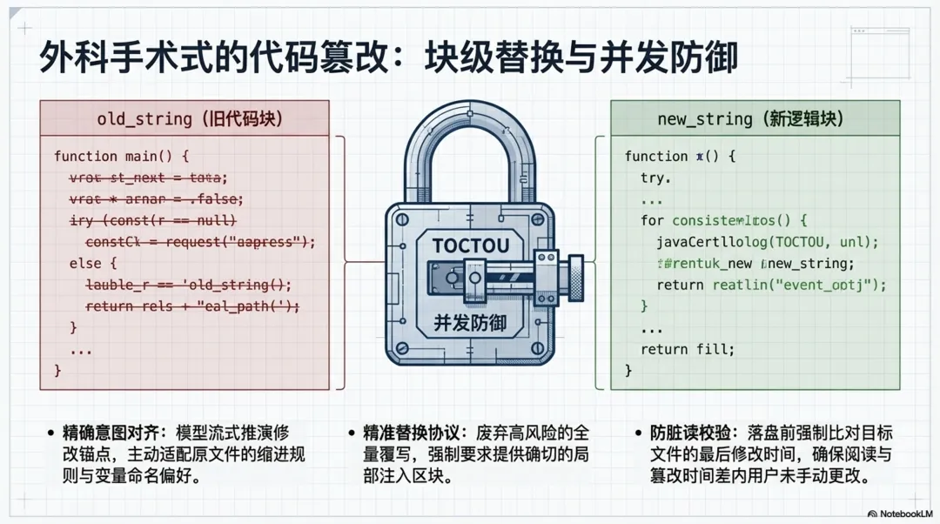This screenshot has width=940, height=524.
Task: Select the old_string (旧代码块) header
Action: click(x=184, y=118)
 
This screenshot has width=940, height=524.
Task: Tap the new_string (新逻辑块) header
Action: click(x=755, y=118)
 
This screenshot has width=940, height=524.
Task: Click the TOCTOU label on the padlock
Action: click(x=470, y=246)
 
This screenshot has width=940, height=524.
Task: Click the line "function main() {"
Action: click(x=121, y=157)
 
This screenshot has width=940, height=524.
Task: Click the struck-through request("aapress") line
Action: click(x=200, y=242)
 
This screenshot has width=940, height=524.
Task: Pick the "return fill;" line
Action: click(x=688, y=350)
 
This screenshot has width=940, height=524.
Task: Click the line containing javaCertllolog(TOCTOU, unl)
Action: click(x=767, y=242)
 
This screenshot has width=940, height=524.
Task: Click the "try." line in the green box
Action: click(x=655, y=178)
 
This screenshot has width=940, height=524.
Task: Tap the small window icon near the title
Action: click(x=880, y=44)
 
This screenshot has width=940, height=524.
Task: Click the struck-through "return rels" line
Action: click(x=191, y=306)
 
